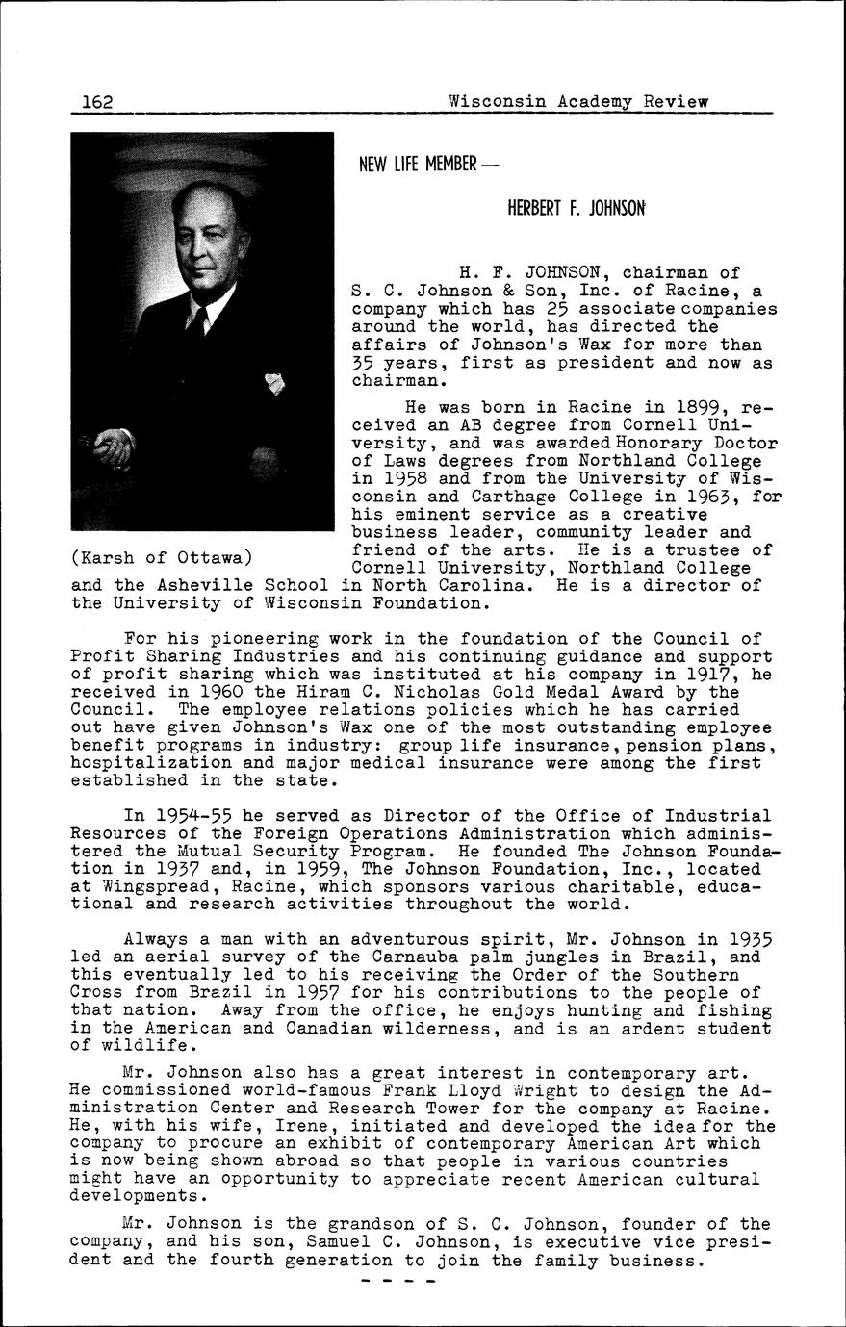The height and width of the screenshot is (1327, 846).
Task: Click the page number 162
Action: [x=98, y=101]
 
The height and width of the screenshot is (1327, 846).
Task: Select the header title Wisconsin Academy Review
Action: [x=577, y=101]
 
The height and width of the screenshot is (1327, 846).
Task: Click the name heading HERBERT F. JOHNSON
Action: [x=577, y=208]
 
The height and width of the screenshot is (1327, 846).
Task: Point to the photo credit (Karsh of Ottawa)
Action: [x=162, y=558]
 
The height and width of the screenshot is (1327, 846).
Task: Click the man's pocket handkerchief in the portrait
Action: [x=276, y=384]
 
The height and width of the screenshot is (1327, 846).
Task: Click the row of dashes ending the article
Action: [x=397, y=1281]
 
